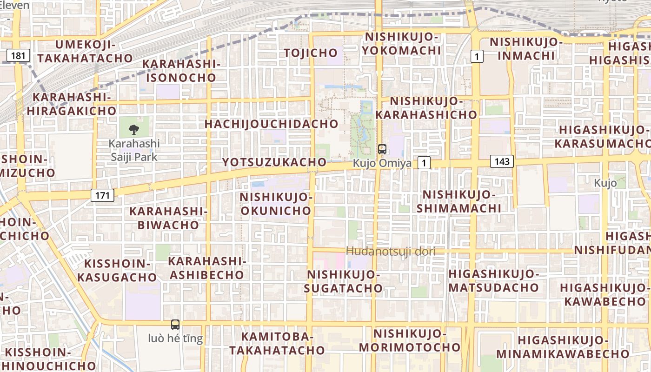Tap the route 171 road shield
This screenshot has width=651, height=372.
click(x=102, y=195)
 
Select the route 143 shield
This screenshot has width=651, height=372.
click(x=502, y=162)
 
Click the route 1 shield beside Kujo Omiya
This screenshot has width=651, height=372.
click(x=424, y=163)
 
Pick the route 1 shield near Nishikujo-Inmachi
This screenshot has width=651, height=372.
click(x=477, y=56)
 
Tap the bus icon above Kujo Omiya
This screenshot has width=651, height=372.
click(x=382, y=149)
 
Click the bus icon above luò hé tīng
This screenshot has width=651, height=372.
click(x=175, y=325)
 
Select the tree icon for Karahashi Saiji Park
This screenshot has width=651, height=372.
click(x=134, y=129)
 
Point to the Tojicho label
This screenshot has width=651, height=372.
click(x=311, y=53)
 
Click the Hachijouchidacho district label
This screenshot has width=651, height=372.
click(x=271, y=124)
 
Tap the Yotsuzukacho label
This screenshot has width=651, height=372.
click(x=274, y=162)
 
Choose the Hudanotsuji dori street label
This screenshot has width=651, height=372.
click(x=391, y=252)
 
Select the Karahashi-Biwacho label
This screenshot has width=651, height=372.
click(x=168, y=218)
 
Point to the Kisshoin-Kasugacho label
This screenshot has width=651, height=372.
click(x=117, y=270)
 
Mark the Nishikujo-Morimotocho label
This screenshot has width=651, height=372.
click(x=410, y=340)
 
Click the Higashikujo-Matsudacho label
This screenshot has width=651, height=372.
click(x=494, y=280)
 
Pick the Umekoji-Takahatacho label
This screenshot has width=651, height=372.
click(x=85, y=51)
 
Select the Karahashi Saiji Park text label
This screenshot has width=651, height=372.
click(x=134, y=150)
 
